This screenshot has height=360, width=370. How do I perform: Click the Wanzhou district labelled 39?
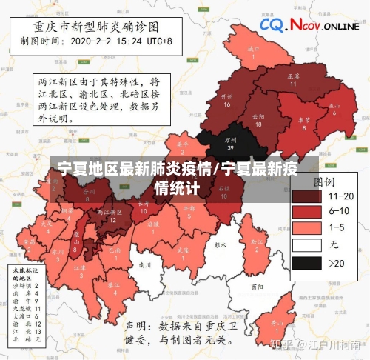click(x=231, y=141)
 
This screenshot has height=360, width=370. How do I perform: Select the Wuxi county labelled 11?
click(x=293, y=79)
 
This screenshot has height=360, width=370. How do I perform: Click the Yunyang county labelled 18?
click(x=258, y=119)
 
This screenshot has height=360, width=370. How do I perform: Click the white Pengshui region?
click(x=219, y=244)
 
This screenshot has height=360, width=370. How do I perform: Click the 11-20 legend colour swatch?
click(x=306, y=196)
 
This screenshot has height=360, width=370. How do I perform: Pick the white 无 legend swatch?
click(x=306, y=245)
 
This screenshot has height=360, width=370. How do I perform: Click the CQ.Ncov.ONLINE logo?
click(x=309, y=26)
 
